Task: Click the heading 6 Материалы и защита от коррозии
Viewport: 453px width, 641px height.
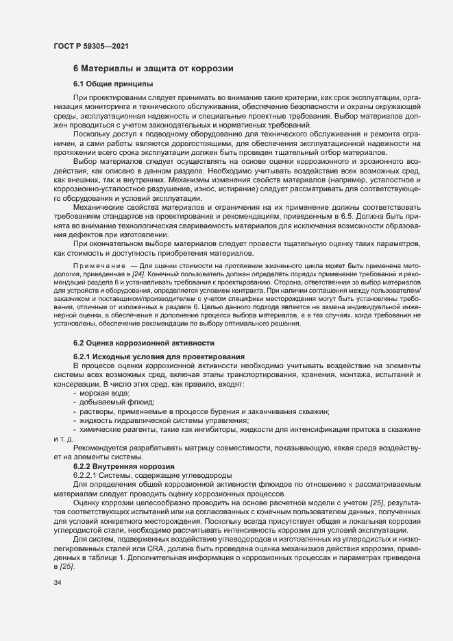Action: (154, 69)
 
